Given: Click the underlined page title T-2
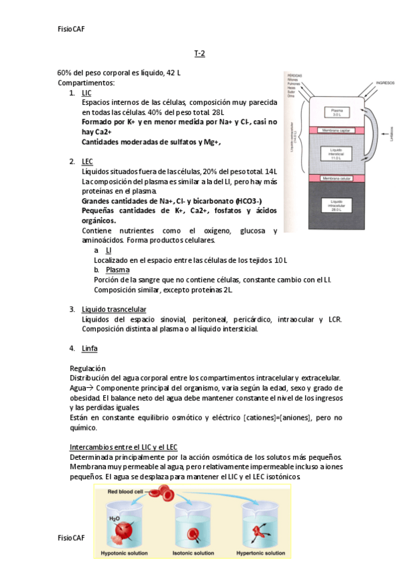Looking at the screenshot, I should point(199,53).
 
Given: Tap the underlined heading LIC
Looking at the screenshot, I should point(87,93).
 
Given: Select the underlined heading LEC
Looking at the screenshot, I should point(87,162).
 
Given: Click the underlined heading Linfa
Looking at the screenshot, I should point(89,348).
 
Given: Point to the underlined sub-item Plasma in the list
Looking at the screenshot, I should point(118,270).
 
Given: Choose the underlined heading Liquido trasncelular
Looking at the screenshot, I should point(114,309).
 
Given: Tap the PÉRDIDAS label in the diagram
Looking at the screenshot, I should point(294,74).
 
